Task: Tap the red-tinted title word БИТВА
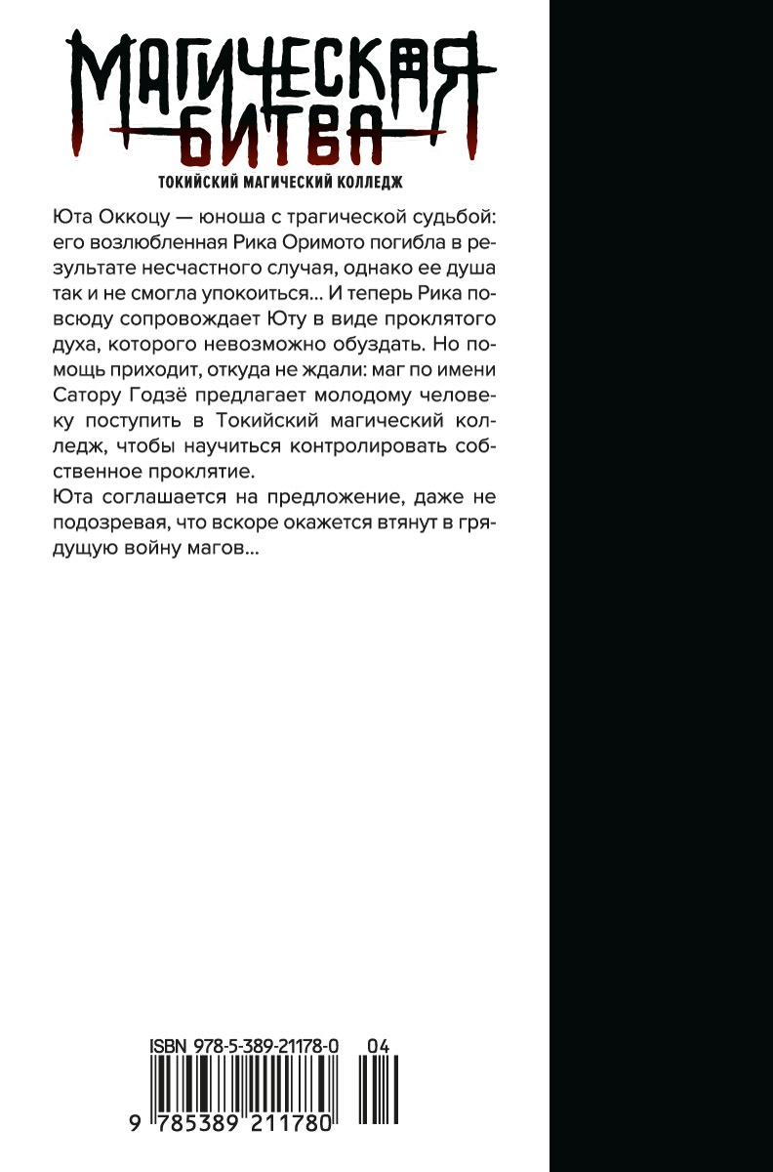(278, 141)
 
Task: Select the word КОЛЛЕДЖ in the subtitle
(366, 181)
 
